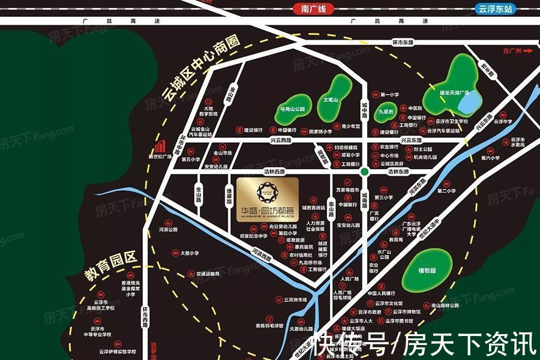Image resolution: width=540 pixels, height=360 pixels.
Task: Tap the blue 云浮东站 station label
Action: (x=496, y=9)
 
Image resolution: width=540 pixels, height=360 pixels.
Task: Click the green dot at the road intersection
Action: (x=364, y=172)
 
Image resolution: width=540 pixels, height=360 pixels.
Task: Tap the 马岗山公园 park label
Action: (x=293, y=109)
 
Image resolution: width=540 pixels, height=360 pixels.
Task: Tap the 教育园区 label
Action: (x=110, y=266)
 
